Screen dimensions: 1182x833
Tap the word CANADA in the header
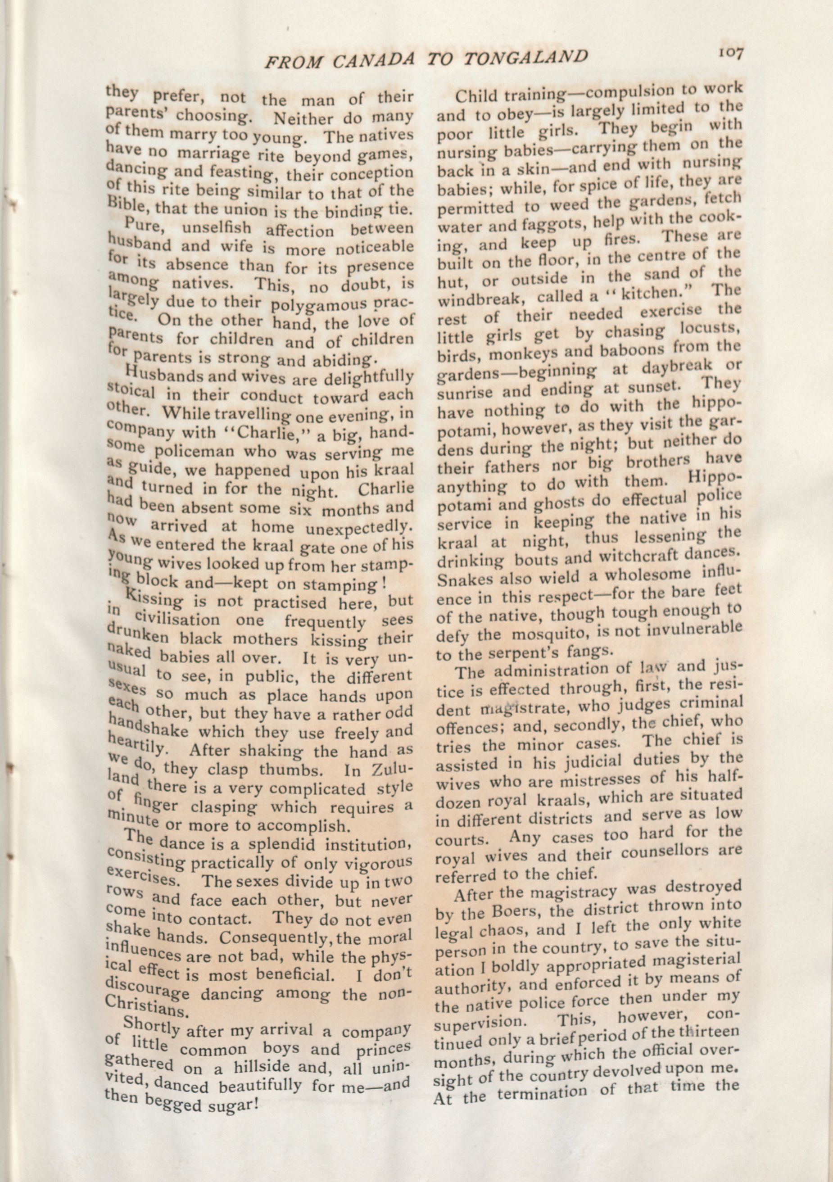[373, 61]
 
